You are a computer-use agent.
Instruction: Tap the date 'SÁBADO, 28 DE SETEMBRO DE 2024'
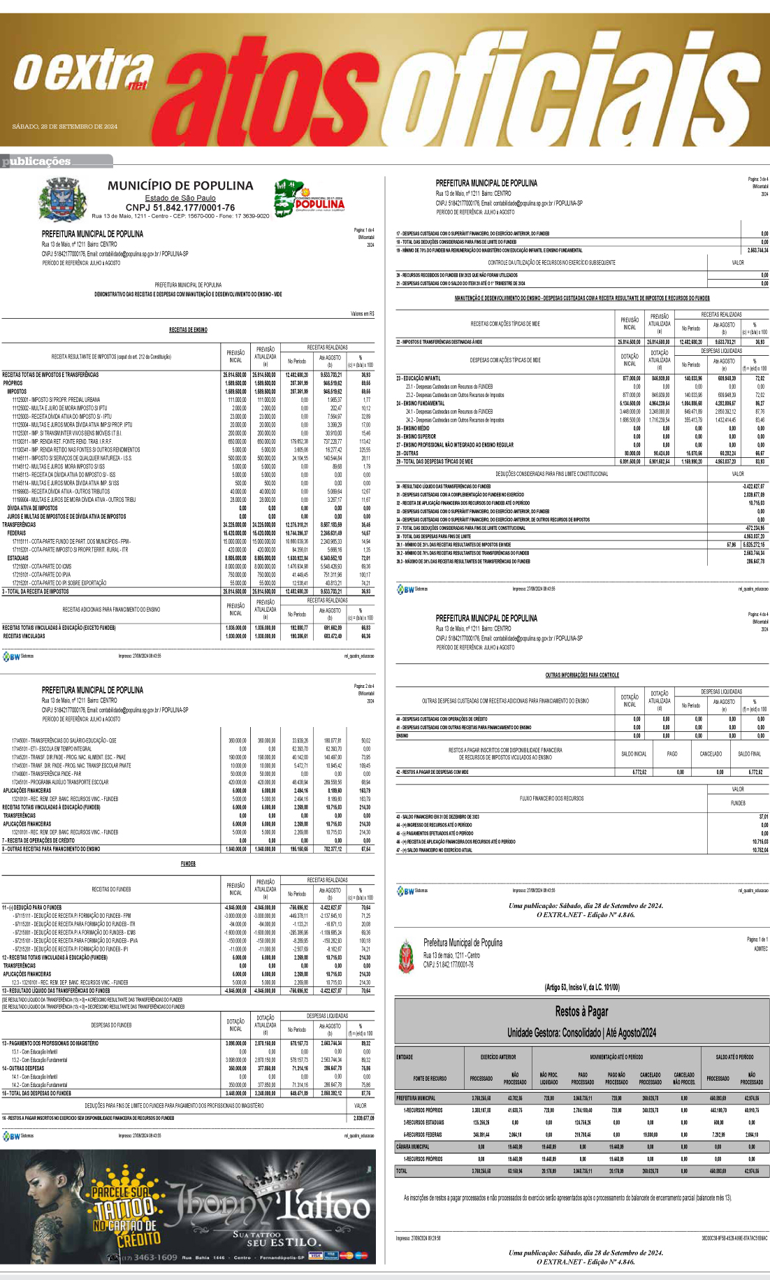tap(65, 127)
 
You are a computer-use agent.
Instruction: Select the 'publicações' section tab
tap(38, 161)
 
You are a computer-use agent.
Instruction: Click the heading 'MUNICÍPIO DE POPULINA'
tap(180, 186)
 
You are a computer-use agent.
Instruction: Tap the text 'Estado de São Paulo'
tap(180, 198)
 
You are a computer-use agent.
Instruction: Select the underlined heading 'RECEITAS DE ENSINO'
tap(188, 330)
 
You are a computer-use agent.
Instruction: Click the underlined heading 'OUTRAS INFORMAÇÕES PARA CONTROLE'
tap(582, 675)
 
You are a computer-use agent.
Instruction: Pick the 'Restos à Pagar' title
tap(581, 1011)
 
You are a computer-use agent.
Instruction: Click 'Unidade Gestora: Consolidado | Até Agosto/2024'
tap(581, 1033)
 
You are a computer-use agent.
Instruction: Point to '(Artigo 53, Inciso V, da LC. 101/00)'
tap(581, 987)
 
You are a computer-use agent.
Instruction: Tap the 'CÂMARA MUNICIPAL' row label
tap(413, 1146)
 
